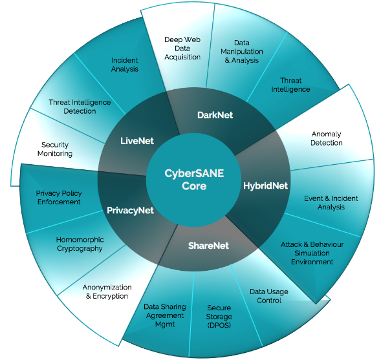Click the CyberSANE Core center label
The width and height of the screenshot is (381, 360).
coord(194,180)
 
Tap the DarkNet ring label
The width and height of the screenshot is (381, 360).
coord(215,115)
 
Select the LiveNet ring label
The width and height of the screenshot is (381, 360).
coord(137,141)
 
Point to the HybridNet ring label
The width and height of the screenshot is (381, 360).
coord(266,186)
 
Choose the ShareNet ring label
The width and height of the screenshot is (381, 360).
coord(208,246)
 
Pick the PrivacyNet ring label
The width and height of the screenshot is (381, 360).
coord(130,211)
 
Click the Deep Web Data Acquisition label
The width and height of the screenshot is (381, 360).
coord(182,48)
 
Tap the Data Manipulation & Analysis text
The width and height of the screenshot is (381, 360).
coord(242,52)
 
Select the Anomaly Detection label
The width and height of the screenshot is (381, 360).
coord(327,138)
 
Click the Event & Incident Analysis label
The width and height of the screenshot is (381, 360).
coord(331,203)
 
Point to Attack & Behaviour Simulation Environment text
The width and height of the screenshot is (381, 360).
coord(312,253)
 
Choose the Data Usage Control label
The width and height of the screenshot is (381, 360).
coord(269,296)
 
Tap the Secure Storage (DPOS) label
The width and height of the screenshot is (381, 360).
coord(219,317)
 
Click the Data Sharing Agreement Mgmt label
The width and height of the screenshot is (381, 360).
coord(165,315)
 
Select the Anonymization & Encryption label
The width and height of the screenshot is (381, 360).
coord(107,291)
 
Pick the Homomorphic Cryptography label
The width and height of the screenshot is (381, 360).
coord(80,244)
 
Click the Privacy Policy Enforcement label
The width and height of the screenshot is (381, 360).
coord(59,198)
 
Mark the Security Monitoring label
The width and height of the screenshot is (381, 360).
coord(55,149)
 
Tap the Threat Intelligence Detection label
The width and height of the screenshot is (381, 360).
coord(80,107)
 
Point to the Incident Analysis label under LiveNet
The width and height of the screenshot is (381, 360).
coord(125,65)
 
